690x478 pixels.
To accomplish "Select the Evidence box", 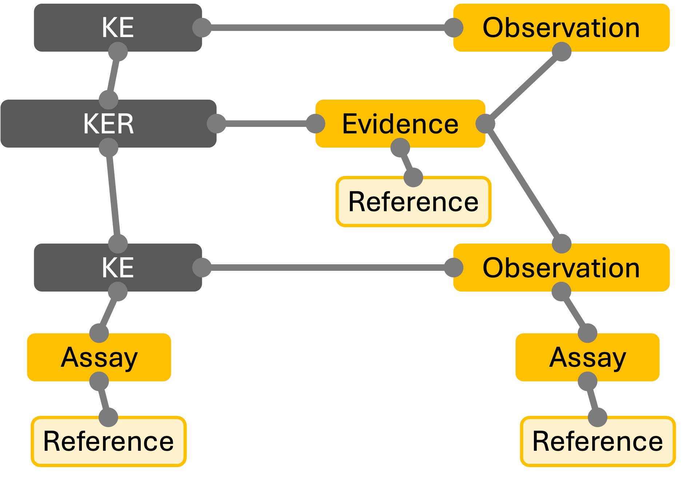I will click(x=400, y=124).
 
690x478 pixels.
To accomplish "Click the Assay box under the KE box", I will click(x=99, y=357).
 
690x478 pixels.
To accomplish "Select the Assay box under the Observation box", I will click(x=587, y=357).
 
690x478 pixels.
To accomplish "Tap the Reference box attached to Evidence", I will click(x=413, y=202).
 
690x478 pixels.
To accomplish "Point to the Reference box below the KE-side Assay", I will click(x=108, y=441).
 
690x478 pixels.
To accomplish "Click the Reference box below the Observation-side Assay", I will click(x=598, y=441).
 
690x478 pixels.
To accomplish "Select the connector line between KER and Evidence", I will click(x=266, y=124).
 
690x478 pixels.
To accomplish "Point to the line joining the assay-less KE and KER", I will click(x=113, y=76).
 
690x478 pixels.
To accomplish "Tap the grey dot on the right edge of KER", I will click(x=216, y=124).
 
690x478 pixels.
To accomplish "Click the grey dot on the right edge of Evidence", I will click(x=485, y=124).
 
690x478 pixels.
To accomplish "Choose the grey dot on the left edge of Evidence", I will click(x=315, y=124).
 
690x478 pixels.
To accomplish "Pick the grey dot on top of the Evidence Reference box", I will click(x=413, y=177).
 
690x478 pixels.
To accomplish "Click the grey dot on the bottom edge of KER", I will click(x=108, y=148).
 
